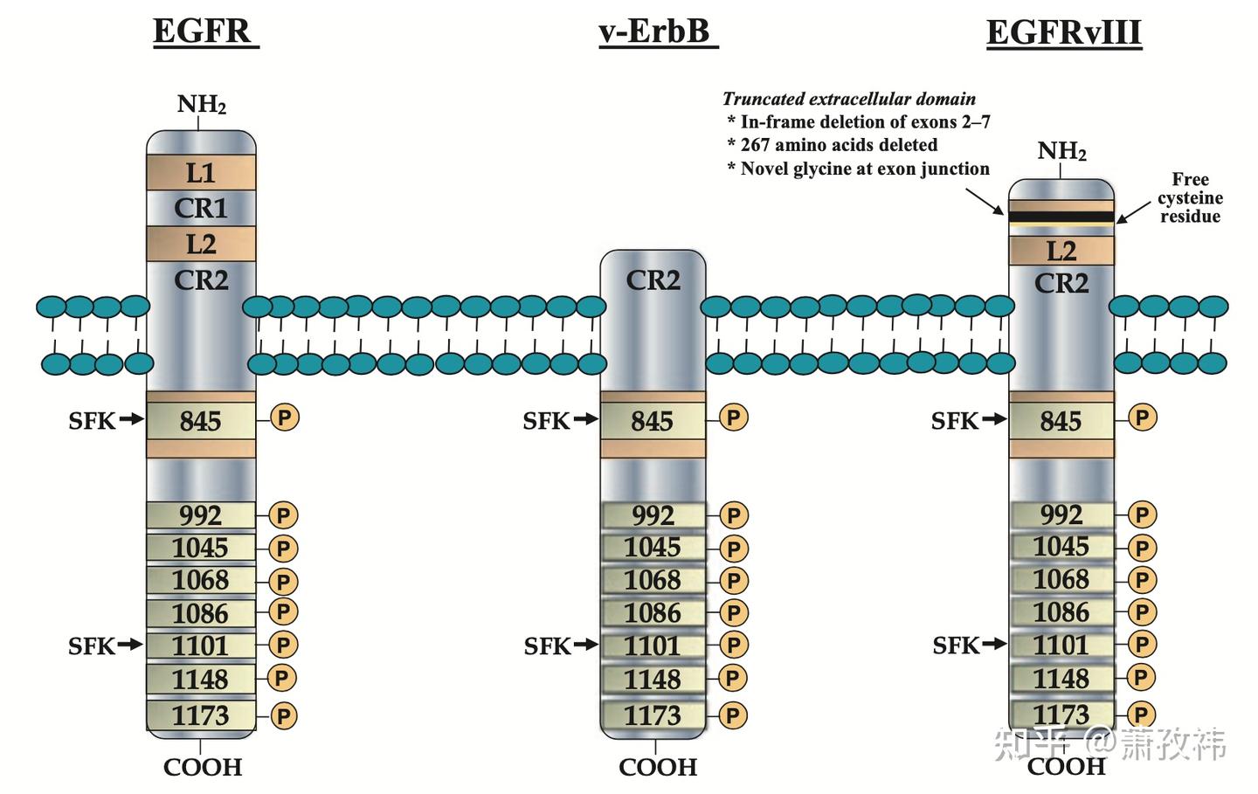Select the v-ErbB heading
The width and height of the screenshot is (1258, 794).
click(x=658, y=32)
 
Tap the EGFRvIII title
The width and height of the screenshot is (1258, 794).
click(x=1064, y=33)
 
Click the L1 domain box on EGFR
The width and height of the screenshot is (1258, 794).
click(x=201, y=173)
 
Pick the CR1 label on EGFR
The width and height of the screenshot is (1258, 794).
click(x=201, y=208)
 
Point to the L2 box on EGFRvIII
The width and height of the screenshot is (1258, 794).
click(x=1061, y=251)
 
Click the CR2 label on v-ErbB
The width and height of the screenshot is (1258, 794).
click(x=653, y=280)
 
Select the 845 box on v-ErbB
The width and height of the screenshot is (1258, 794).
click(x=653, y=421)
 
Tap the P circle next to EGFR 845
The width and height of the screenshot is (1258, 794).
click(x=285, y=418)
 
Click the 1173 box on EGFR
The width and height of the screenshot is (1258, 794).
click(x=201, y=715)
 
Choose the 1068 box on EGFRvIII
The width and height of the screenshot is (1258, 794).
click(x=1061, y=579)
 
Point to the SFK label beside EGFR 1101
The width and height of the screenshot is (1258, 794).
click(x=92, y=646)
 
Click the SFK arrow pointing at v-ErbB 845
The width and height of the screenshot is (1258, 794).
click(x=585, y=419)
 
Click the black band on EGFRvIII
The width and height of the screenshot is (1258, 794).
click(x=1061, y=217)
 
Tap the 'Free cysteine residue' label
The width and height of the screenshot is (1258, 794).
click(x=1190, y=197)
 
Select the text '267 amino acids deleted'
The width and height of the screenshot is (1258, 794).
click(x=839, y=145)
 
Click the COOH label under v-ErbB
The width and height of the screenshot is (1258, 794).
click(x=658, y=767)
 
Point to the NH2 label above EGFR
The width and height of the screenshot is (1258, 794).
click(x=201, y=105)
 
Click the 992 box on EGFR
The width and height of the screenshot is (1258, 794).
click(x=201, y=515)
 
